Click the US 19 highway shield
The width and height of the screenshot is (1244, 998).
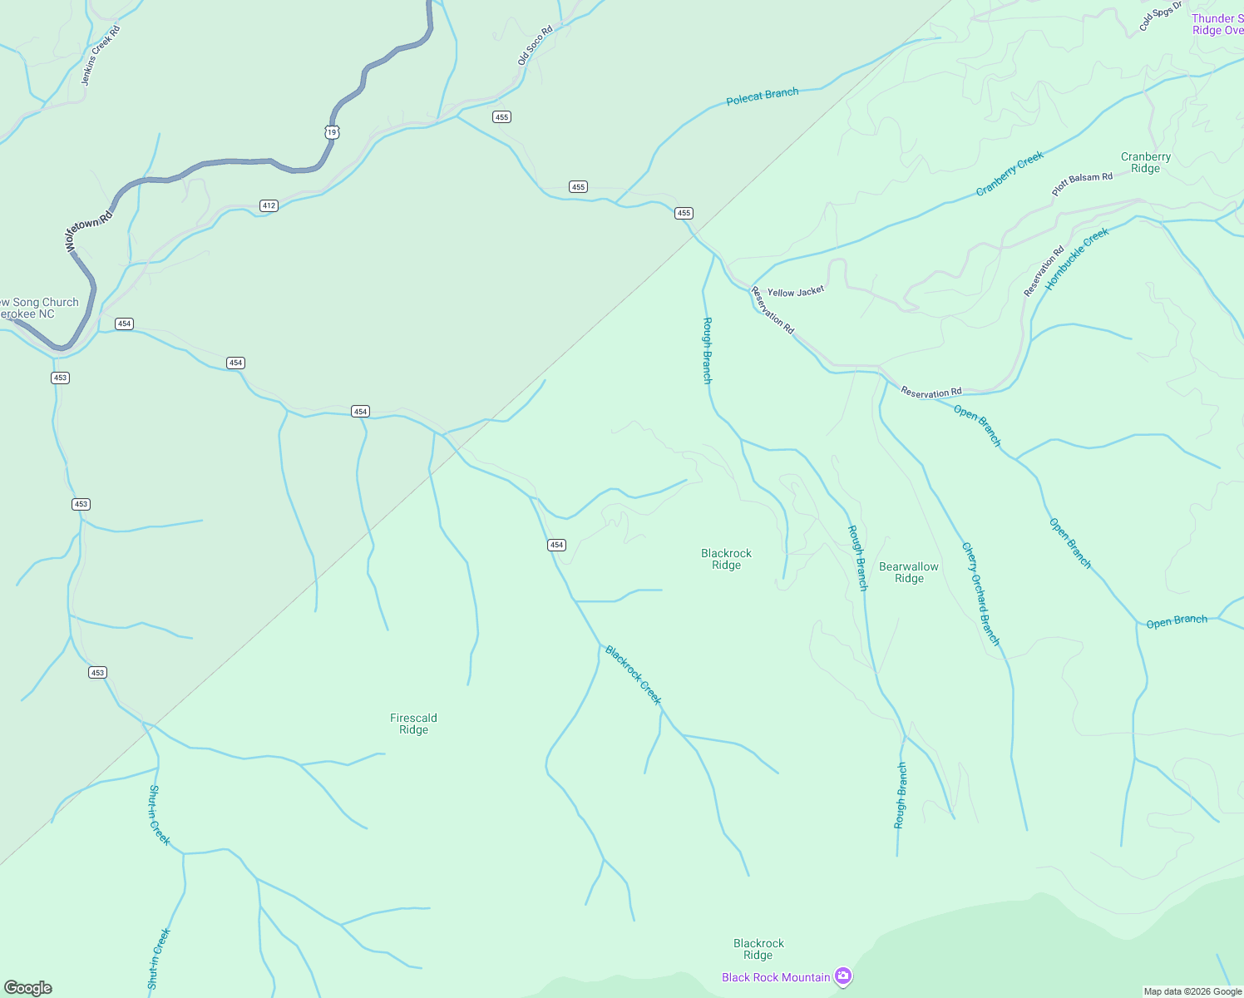coord(332,132)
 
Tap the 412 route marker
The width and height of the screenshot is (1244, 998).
coord(268,205)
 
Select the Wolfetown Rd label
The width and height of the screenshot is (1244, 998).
coord(88,232)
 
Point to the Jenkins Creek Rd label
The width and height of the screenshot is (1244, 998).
coord(101,56)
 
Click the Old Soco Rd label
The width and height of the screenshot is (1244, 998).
coord(535,46)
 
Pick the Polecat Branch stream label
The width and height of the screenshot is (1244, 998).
coord(762,96)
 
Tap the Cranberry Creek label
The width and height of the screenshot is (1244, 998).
coord(1010,174)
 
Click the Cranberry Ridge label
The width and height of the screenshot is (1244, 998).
coord(1145,162)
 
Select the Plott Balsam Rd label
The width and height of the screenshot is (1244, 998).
coord(1082,184)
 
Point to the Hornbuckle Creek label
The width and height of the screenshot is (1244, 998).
coord(1078,258)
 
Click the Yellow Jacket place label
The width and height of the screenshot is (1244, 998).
coord(795,292)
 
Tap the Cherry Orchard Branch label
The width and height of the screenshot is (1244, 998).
coord(980,594)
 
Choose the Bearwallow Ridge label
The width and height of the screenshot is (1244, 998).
coord(909,572)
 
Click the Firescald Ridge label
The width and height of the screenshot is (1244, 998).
coord(413,724)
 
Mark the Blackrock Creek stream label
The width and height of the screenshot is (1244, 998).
coord(634,675)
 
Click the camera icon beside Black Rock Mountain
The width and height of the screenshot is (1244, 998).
coord(843,976)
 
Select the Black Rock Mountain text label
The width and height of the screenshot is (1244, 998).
coord(775,977)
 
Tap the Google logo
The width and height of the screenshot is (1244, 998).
coord(28,987)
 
